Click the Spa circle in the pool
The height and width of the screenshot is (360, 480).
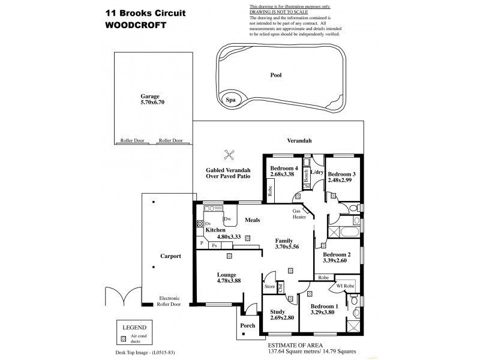230,101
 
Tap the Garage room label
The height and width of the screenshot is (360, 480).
151,95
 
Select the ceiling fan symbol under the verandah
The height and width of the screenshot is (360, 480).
228,154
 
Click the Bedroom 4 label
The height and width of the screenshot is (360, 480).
284,168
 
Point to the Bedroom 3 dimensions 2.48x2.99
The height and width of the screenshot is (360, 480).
342,182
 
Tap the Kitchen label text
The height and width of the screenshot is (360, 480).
215,230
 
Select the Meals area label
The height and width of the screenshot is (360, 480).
251,220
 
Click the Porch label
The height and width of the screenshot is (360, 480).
247,326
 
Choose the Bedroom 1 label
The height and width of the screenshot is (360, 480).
323,305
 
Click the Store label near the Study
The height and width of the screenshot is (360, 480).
269,287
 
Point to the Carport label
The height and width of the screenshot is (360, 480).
171,256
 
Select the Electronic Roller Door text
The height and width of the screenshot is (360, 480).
170,301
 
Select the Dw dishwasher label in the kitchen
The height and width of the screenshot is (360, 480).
227,219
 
